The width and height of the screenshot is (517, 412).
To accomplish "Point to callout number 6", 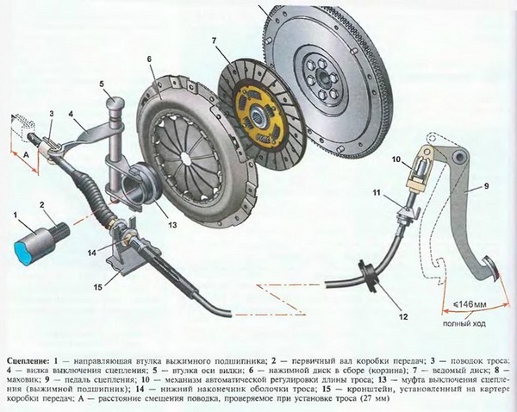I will pos(148,59).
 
